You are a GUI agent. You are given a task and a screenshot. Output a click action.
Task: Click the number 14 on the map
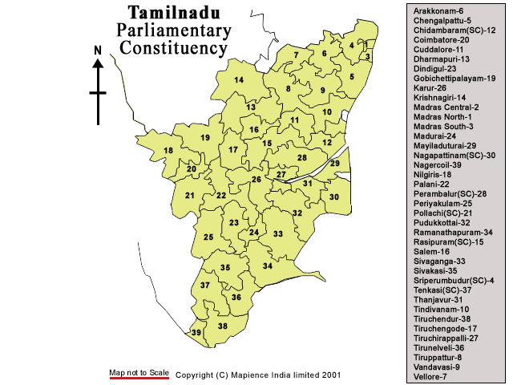(x=239, y=80)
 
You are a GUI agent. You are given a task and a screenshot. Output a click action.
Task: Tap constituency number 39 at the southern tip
(x=196, y=332)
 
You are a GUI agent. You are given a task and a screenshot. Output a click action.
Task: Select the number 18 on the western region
(x=168, y=151)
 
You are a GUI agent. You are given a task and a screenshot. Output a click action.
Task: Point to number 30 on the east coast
(x=334, y=197)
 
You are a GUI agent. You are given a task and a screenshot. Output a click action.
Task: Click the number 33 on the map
(x=278, y=233)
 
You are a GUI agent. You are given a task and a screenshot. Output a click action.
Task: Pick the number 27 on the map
(x=281, y=174)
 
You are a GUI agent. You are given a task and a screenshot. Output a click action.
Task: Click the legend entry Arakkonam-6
(x=438, y=10)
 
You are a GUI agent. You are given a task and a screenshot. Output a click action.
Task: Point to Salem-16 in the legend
(x=432, y=251)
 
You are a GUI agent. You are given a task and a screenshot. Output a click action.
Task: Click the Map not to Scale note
(x=139, y=373)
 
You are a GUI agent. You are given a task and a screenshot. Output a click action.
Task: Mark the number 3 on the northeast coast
(x=367, y=57)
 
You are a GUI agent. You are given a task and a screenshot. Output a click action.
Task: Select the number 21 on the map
(x=190, y=196)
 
